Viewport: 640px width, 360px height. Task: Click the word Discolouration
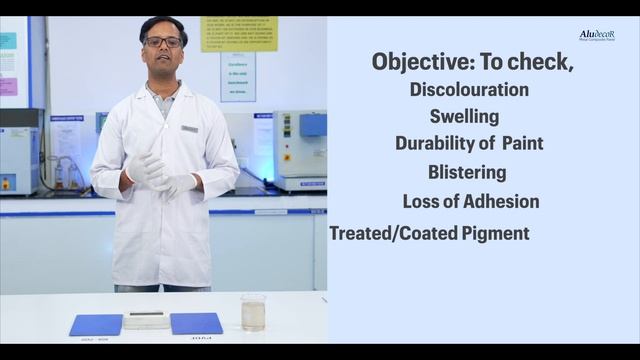(x=469, y=89)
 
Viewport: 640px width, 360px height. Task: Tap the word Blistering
(x=467, y=172)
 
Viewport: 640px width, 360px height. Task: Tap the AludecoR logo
(x=597, y=36)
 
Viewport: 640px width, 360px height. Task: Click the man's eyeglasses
(x=163, y=42)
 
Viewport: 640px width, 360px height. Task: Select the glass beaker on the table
(x=253, y=312)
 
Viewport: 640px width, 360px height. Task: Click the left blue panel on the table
(x=96, y=324)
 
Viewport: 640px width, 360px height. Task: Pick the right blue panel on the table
(x=196, y=323)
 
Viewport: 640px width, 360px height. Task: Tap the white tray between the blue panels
(x=146, y=320)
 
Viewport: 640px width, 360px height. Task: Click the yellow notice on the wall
(x=239, y=33)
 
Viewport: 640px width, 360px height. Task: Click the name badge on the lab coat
(x=190, y=128)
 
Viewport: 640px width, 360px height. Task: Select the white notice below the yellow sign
(x=238, y=76)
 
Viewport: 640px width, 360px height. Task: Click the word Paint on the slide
(x=523, y=143)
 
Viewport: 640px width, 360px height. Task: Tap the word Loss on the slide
(x=420, y=201)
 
